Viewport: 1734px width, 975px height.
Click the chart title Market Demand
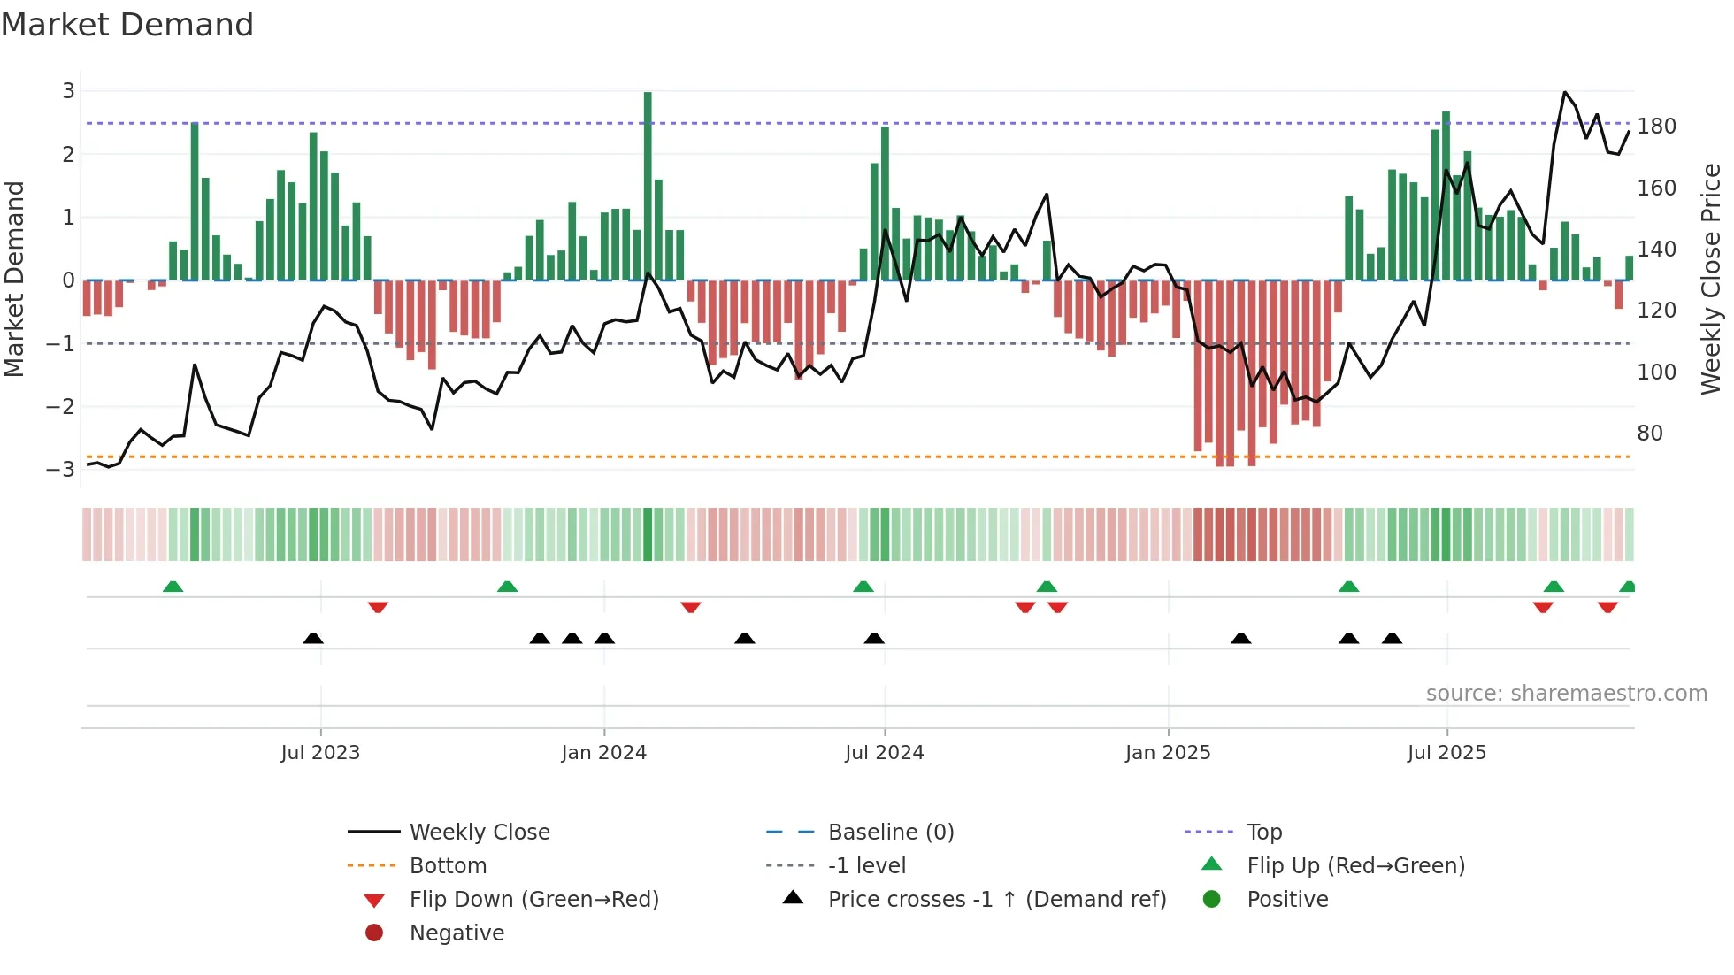tap(127, 25)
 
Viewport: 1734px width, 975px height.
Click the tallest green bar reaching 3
tap(648, 186)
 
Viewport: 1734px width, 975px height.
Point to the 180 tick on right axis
tap(1656, 127)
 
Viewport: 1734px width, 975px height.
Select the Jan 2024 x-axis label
tap(603, 753)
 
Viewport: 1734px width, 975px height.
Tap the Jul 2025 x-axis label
tap(1446, 753)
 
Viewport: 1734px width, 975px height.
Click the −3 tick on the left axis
tap(61, 469)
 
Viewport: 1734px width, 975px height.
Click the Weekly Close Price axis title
tap(1711, 279)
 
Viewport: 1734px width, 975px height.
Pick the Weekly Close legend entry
tap(479, 832)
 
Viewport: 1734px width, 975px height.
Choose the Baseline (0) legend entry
tap(890, 832)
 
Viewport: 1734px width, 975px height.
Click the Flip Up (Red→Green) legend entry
tap(1355, 865)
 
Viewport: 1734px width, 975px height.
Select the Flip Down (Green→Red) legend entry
tap(533, 899)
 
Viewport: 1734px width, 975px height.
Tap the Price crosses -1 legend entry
tap(996, 899)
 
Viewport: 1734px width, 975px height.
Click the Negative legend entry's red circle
tap(374, 933)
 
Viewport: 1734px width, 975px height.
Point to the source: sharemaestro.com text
tap(1566, 694)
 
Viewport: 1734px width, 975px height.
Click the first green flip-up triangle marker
tap(173, 587)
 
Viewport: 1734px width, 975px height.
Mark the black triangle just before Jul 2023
tap(313, 638)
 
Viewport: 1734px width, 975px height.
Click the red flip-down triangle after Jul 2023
tap(378, 607)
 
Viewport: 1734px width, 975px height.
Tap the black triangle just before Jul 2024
tap(874, 638)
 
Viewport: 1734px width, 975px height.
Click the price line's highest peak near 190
tap(1564, 92)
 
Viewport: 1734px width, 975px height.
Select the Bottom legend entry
tap(448, 865)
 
